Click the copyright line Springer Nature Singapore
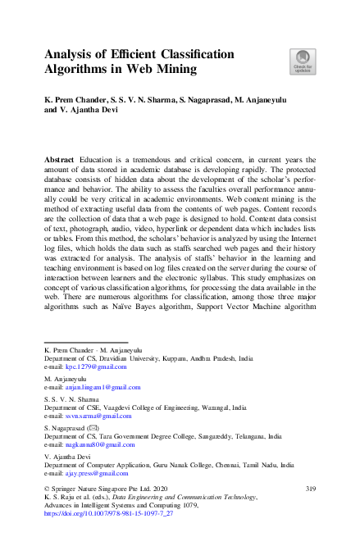tap(91, 489)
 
